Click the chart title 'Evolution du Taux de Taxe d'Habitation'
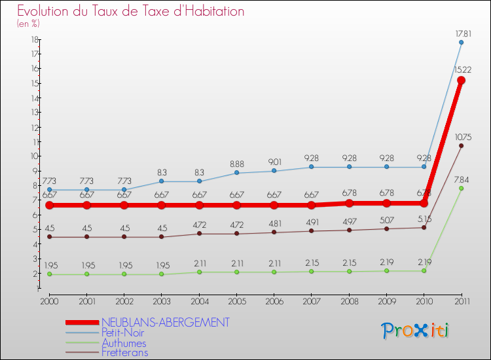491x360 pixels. (131, 12)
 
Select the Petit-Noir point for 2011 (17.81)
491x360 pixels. (461, 43)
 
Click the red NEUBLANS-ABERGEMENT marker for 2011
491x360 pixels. (461, 81)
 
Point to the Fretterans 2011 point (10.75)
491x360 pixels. (461, 145)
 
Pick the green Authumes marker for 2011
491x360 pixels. (461, 189)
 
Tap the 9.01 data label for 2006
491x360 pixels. (274, 162)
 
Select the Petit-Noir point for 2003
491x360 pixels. (162, 181)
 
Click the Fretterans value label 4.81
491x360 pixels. (274, 223)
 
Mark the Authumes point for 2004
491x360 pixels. (199, 272)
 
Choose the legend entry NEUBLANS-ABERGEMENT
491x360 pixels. (165, 322)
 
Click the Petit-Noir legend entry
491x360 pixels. (123, 333)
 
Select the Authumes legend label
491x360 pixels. (124, 343)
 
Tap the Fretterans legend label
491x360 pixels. (124, 353)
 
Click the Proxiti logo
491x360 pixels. (416, 331)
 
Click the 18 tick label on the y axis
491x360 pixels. (33, 39)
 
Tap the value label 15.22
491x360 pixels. (461, 69)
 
